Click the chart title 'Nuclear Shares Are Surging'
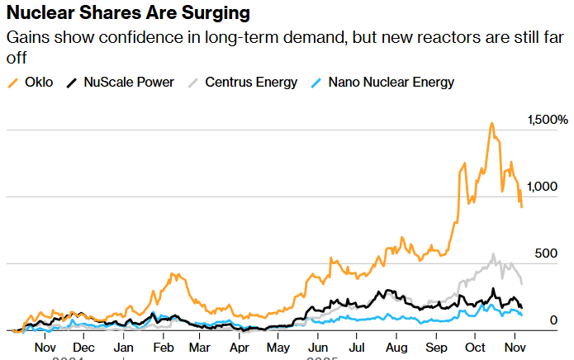129,15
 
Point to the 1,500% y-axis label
548,120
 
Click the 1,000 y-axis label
543,187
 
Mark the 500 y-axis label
546,253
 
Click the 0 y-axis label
553,320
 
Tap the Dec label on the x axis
83,348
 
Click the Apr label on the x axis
240,348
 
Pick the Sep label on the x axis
437,348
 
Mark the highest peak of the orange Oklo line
491,124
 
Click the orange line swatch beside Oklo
12,83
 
